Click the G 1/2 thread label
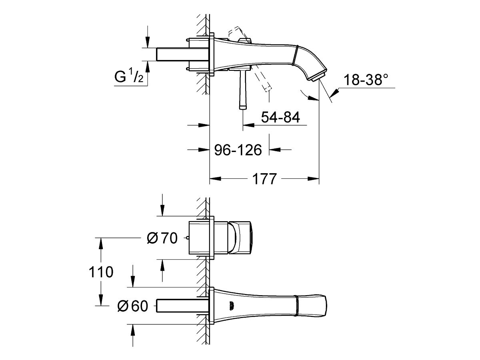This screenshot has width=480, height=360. [129, 76]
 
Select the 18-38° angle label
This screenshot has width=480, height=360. [366, 80]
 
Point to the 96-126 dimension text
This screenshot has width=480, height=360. [238, 150]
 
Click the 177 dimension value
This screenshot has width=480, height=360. [264, 179]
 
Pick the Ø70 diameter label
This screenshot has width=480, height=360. [162, 238]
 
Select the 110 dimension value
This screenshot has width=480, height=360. [101, 272]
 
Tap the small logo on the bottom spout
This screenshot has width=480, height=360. [232, 306]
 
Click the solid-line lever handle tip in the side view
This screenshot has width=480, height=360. [243, 107]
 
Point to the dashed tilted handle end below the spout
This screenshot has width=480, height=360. [268, 89]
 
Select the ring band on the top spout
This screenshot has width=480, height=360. [295, 55]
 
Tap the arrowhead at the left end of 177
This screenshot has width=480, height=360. [215, 178]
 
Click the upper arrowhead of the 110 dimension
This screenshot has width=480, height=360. [101, 244]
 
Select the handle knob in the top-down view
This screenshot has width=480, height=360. [240, 238]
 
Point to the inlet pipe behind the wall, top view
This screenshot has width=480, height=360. [182, 54]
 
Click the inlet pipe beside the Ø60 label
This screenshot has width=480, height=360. [182, 306]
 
